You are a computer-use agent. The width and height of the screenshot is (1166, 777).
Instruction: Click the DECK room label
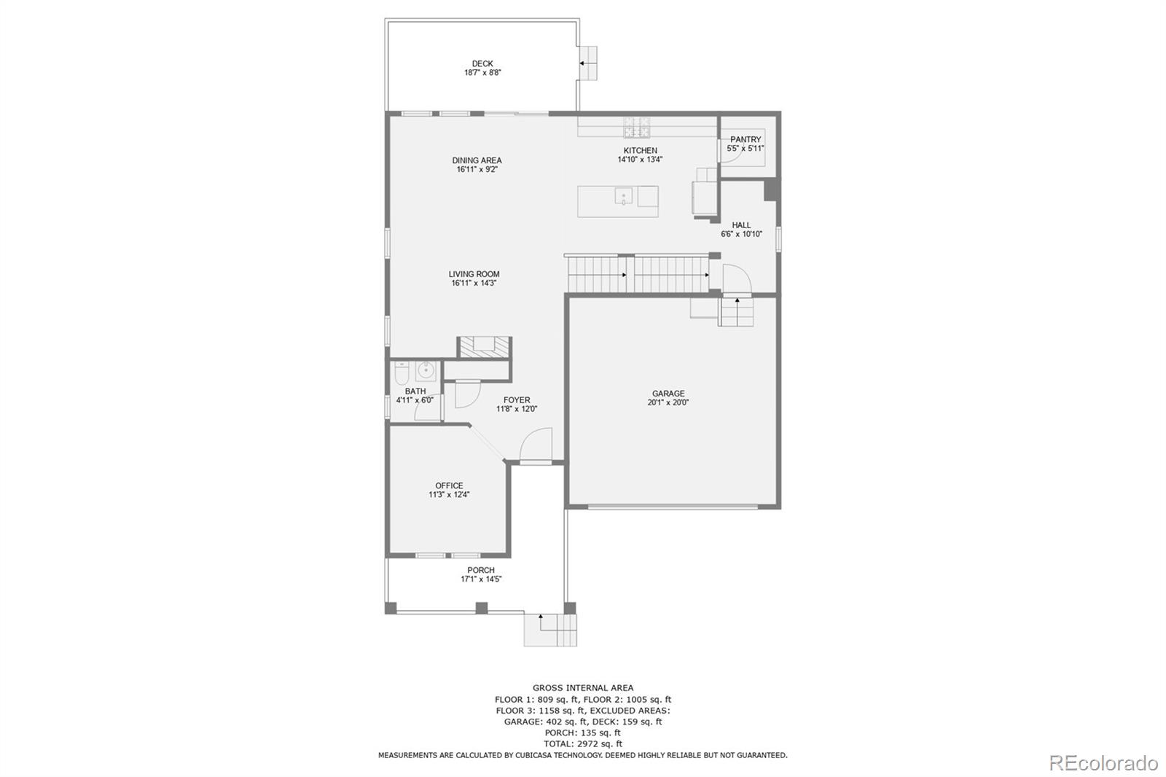482,63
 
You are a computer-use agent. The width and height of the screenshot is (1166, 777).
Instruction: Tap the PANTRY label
746,139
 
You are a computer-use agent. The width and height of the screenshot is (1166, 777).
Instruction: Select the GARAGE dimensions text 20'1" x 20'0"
668,402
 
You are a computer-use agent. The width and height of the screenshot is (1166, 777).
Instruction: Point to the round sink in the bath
425,372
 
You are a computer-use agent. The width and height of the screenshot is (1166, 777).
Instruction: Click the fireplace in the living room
484,347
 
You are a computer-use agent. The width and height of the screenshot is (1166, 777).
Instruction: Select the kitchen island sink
623,197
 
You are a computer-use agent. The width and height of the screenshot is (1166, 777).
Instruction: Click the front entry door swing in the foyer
538,445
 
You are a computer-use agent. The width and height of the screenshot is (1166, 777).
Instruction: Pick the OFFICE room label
449,485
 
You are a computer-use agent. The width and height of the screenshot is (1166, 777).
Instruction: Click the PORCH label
480,570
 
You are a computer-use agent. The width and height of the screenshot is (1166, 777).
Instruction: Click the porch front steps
550,630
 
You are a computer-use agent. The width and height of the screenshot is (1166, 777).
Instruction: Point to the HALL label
741,225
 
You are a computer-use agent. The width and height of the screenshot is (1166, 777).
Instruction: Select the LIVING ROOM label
474,274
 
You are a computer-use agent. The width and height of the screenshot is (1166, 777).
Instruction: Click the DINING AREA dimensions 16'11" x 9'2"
477,169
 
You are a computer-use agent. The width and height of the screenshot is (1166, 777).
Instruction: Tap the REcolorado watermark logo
1103,762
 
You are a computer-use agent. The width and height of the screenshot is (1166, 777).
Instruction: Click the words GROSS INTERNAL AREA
582,687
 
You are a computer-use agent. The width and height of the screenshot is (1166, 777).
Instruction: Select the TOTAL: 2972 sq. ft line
582,743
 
